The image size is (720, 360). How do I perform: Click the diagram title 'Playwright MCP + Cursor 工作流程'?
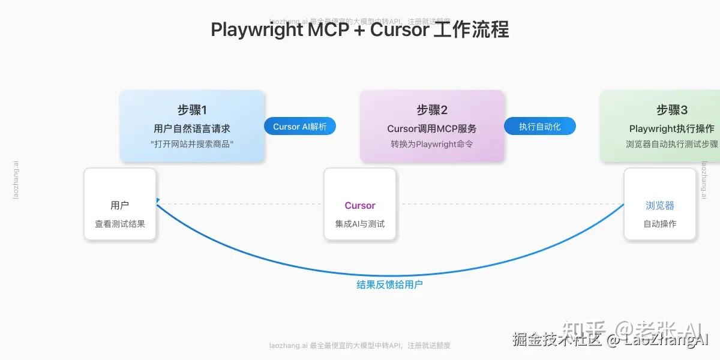360,29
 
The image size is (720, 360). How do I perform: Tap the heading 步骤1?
192,110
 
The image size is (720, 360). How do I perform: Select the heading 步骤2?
432,110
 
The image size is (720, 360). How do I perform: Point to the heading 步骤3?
672,110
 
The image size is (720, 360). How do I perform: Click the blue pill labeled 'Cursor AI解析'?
300,127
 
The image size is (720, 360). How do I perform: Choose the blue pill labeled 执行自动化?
540,127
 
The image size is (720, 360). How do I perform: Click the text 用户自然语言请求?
192,128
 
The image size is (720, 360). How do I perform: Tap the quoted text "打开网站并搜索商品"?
192,144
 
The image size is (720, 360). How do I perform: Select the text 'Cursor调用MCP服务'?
432,128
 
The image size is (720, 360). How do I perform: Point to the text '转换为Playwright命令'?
432,144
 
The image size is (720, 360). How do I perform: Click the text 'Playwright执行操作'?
672,128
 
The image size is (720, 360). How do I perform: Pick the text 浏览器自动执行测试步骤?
672,144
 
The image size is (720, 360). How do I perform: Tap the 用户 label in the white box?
120,205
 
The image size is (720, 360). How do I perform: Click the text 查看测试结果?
120,224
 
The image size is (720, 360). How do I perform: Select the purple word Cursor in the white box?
360,205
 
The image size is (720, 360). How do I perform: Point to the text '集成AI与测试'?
360,224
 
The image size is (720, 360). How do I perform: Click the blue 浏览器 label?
660,205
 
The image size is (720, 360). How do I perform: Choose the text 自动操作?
660,224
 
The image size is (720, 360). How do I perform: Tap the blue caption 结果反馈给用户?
390,284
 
